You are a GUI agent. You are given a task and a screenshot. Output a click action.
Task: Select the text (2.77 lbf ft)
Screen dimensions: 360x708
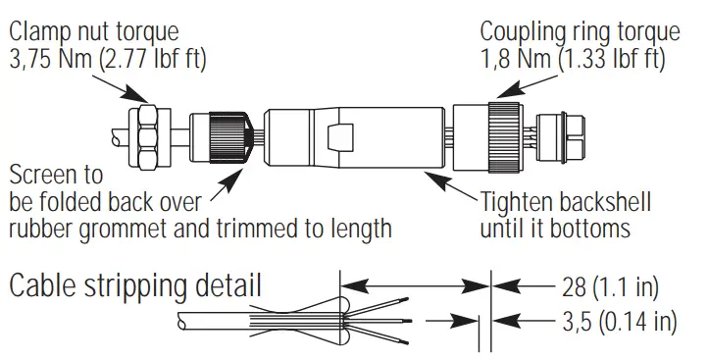167,58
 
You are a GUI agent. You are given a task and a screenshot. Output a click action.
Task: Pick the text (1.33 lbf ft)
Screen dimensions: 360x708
613,58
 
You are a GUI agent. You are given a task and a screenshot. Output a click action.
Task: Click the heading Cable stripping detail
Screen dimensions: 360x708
135,287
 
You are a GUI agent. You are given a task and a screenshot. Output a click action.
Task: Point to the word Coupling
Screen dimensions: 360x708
525,31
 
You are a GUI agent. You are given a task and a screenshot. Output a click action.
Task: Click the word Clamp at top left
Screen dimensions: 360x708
39,31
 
